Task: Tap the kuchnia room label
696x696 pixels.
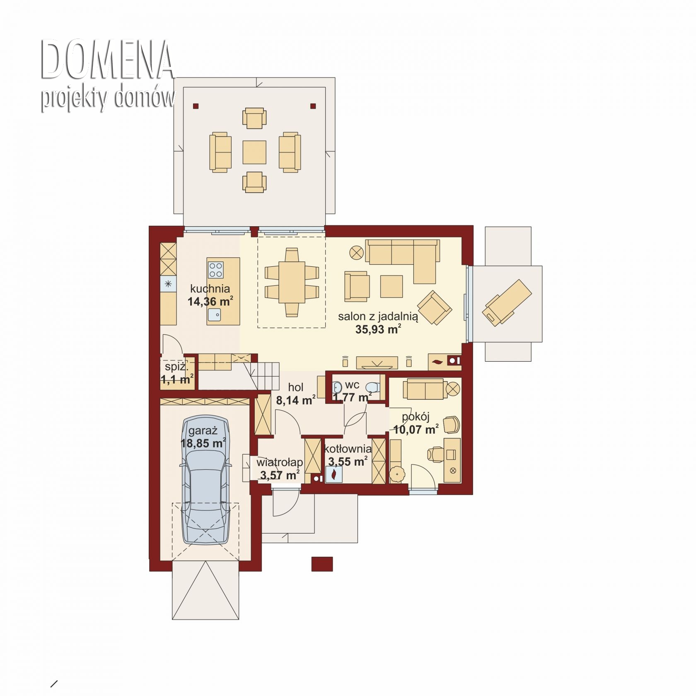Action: pyautogui.click(x=210, y=289)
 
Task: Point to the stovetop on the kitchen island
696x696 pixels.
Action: pyautogui.click(x=215, y=269)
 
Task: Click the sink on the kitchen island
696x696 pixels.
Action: pyautogui.click(x=215, y=316)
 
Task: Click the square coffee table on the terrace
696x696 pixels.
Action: pyautogui.click(x=254, y=152)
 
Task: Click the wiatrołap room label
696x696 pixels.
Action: pyautogui.click(x=280, y=462)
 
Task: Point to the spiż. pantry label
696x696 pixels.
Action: pyautogui.click(x=176, y=367)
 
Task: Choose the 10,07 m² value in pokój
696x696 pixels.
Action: pyautogui.click(x=416, y=429)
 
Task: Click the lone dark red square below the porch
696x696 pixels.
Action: pyautogui.click(x=322, y=564)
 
